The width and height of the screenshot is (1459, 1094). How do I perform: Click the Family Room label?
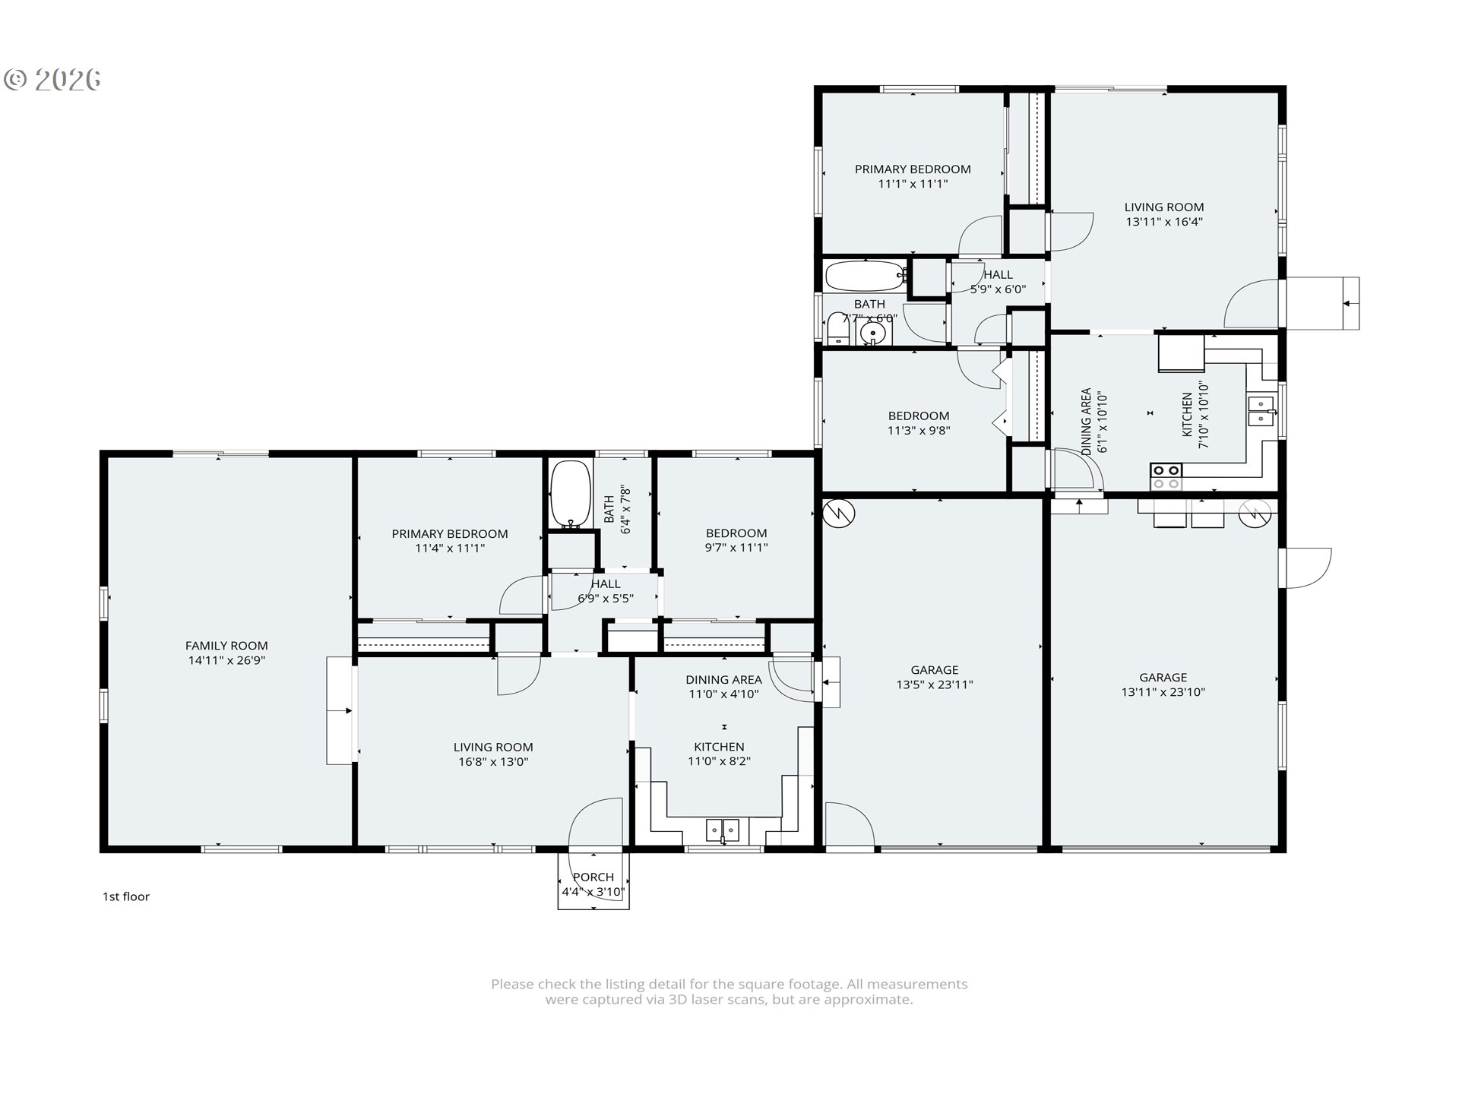[x=226, y=653]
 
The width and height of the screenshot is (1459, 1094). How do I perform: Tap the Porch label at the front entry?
[x=593, y=884]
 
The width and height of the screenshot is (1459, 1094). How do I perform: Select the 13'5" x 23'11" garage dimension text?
[x=935, y=684]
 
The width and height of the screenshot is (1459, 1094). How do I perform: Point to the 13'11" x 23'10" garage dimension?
[x=1163, y=691]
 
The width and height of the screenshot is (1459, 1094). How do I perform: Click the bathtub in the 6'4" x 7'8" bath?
[x=571, y=495]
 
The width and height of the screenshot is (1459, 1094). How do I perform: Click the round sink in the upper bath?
[x=873, y=334]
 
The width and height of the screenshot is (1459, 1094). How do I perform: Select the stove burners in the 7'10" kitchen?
[x=1166, y=476]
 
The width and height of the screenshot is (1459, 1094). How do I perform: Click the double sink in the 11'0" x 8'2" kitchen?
[x=723, y=830]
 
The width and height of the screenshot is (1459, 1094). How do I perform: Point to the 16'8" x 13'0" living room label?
[x=493, y=754]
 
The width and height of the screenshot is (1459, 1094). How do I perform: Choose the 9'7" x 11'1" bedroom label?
[x=736, y=540]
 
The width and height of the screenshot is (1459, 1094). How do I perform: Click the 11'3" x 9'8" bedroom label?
[x=919, y=422]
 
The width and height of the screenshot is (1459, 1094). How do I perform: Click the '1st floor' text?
[x=126, y=896]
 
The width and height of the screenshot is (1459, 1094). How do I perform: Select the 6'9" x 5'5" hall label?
[x=606, y=590]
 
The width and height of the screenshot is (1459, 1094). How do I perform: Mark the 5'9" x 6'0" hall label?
[x=998, y=282]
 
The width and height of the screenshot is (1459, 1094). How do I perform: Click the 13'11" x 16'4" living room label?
[x=1164, y=214]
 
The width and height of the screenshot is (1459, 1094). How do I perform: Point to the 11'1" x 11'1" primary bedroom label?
[x=913, y=176]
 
